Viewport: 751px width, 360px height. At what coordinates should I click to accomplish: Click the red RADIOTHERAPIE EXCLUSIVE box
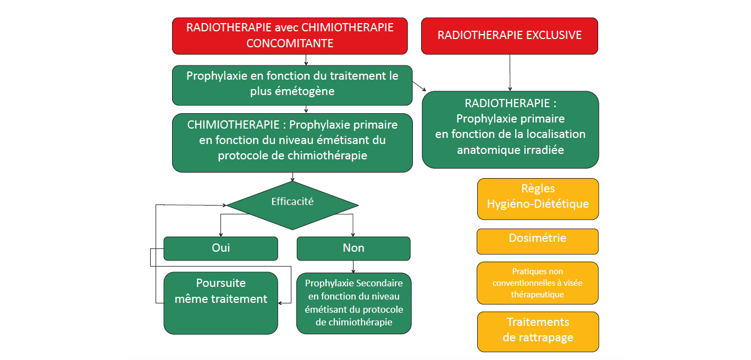(x=510, y=36)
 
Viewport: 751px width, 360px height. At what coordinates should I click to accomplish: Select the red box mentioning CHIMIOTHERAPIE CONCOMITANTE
(x=290, y=36)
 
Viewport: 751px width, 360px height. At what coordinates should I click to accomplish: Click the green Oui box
(x=220, y=248)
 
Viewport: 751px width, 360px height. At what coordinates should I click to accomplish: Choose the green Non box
(x=354, y=248)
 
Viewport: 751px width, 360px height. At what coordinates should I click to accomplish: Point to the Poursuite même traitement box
(x=220, y=303)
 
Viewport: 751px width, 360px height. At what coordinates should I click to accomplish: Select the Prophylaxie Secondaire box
(x=354, y=303)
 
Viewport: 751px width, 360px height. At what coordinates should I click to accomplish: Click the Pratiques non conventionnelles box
(x=537, y=283)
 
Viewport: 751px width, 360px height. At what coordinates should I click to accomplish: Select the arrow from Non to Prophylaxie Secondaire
(x=353, y=267)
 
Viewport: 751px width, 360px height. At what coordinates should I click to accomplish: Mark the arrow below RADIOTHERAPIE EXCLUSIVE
(x=510, y=73)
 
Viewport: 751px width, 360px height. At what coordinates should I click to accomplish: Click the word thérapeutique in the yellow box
(x=537, y=295)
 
